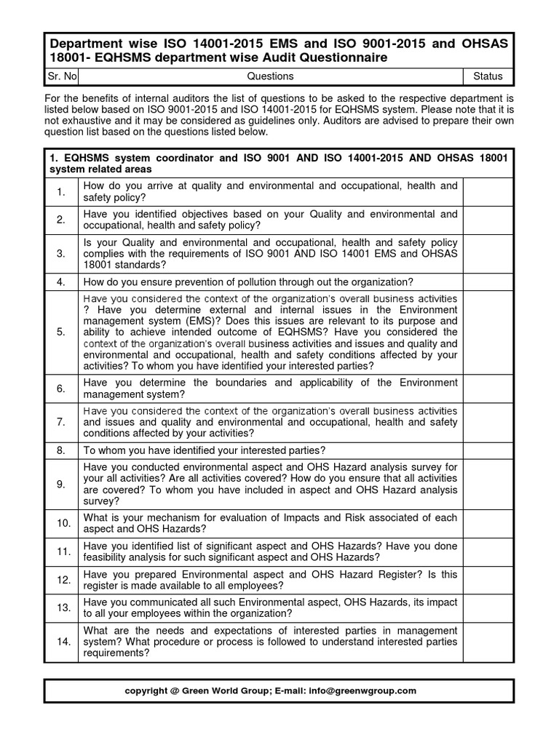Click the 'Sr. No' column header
60,76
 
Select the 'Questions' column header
270,76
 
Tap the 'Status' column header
488,76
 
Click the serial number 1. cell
61,192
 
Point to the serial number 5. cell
61,332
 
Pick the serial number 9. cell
61,484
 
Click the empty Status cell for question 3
488,254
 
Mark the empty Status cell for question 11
488,551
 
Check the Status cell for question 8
488,450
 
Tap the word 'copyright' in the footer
146,690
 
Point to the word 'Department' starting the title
84,42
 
